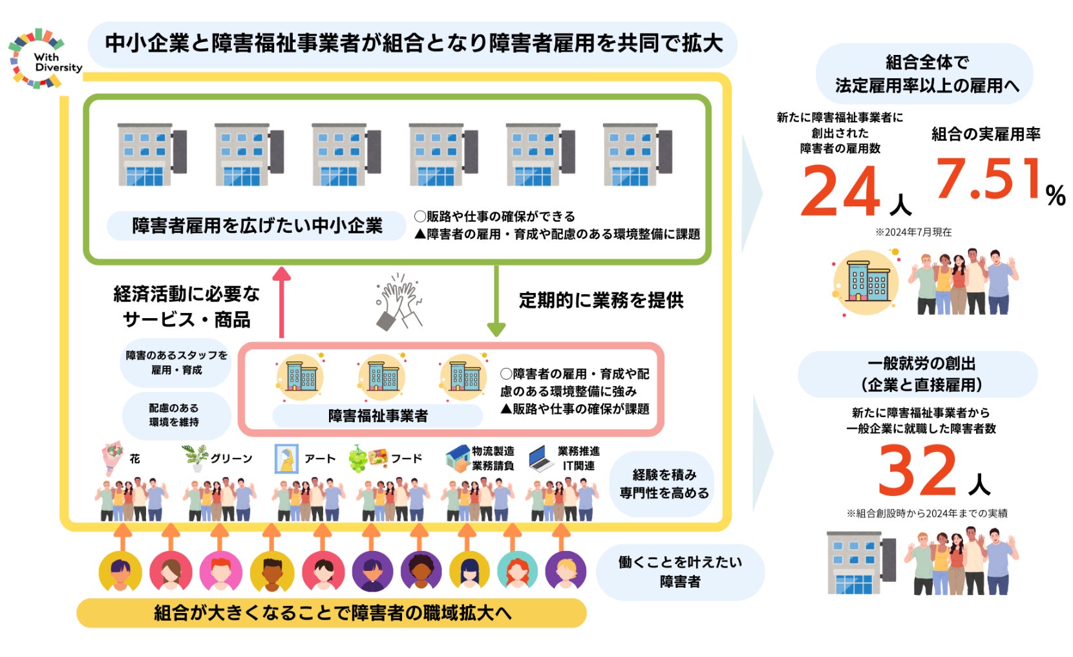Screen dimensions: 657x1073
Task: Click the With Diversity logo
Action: [45, 58]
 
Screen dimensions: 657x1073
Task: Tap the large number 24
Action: [840, 191]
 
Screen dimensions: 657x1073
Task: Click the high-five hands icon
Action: [399, 300]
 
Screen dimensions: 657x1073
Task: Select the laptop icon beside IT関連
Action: [541, 458]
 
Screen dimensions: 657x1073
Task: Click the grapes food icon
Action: [358, 458]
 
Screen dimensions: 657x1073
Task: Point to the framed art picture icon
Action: [286, 458]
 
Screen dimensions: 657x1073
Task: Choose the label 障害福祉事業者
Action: [377, 416]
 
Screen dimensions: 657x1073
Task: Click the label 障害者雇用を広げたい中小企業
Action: [257, 226]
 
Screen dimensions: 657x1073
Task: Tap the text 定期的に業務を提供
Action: [601, 300]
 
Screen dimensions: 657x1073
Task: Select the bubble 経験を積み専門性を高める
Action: [664, 484]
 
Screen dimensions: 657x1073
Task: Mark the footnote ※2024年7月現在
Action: [913, 232]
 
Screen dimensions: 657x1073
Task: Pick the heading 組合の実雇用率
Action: [986, 135]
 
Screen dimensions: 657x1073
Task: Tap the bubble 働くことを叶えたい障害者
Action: [680, 572]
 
